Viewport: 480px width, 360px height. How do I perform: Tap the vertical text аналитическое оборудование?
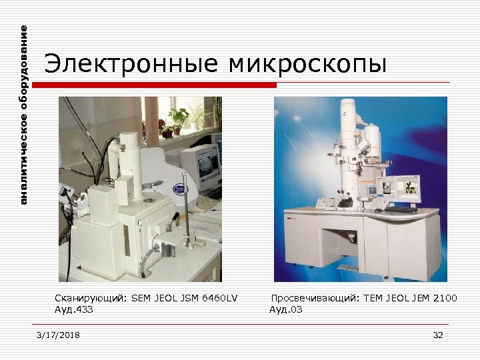(x=24, y=115)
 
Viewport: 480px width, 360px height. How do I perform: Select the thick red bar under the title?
(x=155, y=85)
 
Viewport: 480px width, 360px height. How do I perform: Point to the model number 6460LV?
(x=221, y=298)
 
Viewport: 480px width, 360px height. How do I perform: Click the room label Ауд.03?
(x=285, y=309)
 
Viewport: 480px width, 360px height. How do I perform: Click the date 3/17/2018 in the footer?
(x=58, y=335)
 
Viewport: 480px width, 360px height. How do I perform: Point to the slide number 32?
(x=438, y=335)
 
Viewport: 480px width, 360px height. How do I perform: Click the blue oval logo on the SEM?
(x=179, y=189)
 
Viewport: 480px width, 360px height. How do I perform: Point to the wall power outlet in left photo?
(x=66, y=193)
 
